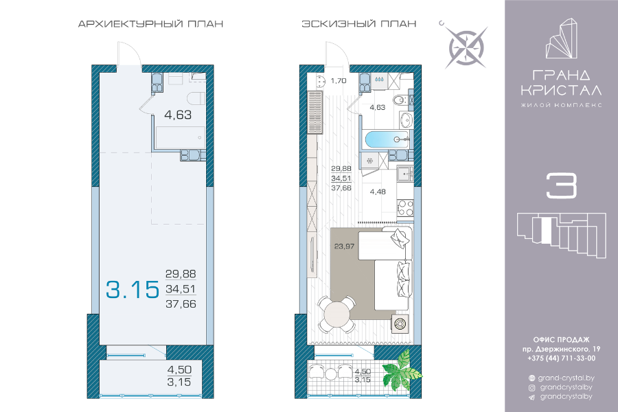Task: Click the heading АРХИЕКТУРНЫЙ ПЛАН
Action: [x=150, y=23]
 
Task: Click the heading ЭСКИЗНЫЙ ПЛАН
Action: [x=358, y=23]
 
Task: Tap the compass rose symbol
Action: [x=467, y=47]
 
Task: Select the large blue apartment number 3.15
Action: [x=133, y=289]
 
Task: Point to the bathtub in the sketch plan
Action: [x=386, y=139]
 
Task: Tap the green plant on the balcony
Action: [x=401, y=370]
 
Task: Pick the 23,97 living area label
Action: [x=344, y=247]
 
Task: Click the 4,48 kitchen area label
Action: [x=378, y=192]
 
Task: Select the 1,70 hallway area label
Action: [x=339, y=81]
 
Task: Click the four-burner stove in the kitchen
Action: [x=406, y=208]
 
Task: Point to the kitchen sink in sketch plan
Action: [x=404, y=172]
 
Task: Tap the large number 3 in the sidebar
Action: [x=561, y=185]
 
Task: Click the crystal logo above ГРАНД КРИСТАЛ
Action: [x=561, y=38]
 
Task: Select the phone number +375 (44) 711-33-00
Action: [x=561, y=358]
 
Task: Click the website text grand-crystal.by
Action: [x=566, y=378]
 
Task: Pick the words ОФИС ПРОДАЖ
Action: [x=561, y=340]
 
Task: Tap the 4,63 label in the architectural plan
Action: [x=178, y=115]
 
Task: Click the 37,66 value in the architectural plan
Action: [x=181, y=304]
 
